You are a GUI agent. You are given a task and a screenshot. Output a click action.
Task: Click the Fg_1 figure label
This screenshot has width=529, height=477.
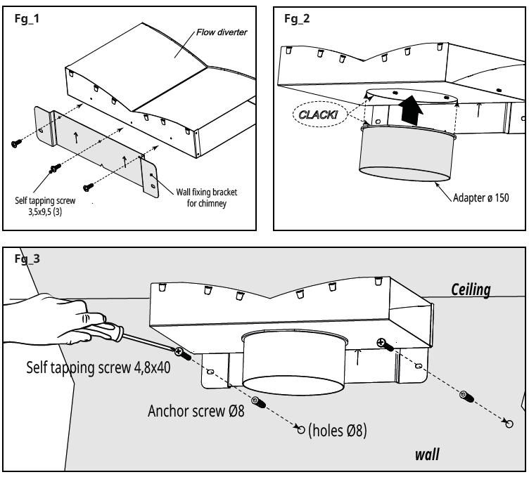coord(27,18)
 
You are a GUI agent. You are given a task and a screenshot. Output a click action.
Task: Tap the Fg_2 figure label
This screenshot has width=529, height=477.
coord(297,18)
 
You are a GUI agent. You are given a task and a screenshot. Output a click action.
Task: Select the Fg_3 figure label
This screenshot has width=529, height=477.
coord(27,259)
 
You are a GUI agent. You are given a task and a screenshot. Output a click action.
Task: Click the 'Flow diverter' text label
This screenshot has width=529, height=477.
coord(222,32)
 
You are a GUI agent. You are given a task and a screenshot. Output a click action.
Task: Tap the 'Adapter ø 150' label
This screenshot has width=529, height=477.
coord(480,197)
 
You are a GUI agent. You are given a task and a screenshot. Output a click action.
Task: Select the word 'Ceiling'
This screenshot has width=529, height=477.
coord(471,289)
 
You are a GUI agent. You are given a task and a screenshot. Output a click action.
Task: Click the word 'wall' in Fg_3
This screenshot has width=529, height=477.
coord(427,455)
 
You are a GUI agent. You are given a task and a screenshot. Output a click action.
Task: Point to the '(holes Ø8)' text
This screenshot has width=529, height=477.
coord(338,430)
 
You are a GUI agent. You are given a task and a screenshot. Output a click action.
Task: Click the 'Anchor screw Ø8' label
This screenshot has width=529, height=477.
coord(196,411)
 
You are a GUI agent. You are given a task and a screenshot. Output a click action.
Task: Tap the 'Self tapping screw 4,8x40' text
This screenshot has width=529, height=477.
coord(98,367)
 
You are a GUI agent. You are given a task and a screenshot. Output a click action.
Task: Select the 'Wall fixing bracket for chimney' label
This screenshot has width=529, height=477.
coord(207,197)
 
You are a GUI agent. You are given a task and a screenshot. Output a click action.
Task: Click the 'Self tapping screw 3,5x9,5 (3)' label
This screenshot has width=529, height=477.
coord(45,206)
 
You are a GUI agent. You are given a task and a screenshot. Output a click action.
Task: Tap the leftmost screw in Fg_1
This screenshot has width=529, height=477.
coord(16,143)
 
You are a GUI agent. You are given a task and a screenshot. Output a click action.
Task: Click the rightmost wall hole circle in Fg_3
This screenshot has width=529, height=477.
coord(509,424)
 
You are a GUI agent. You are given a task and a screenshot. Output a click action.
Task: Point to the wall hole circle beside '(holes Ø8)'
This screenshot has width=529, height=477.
coord(301,429)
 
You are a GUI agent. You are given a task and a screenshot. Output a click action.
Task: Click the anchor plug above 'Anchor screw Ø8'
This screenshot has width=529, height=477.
coord(259,402)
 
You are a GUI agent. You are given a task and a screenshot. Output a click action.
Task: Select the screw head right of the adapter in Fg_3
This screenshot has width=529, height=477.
coord(381,343)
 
